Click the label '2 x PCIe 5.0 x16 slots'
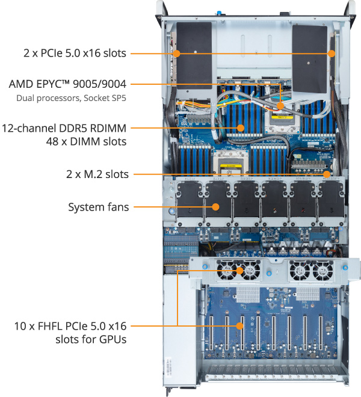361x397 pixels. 75,53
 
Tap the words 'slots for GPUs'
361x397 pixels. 90,340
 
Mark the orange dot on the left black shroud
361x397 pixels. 177,53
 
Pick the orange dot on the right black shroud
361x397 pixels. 332,53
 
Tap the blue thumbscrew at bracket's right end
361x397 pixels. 345,266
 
